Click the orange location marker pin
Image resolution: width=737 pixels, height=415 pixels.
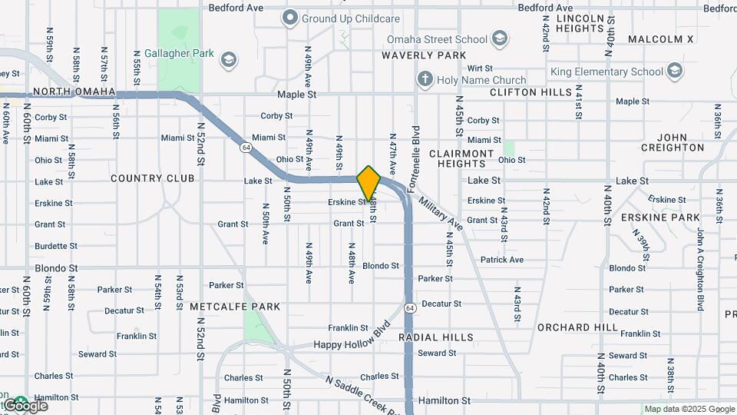coord(368,183)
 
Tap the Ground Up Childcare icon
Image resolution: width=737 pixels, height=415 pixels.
coord(289,17)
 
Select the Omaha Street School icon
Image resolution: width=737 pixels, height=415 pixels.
coord(500,39)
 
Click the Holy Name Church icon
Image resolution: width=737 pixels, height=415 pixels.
coord(425,79)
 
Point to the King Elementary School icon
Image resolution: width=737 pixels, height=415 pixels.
coord(675,72)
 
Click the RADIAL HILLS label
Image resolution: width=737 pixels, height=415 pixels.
coord(436,337)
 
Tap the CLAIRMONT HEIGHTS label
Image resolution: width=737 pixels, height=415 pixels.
coord(461,158)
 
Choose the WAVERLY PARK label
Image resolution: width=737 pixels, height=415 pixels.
coord(424,55)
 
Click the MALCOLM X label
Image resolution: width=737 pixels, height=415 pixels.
coord(660,38)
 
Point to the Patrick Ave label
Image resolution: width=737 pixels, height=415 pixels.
coord(502,260)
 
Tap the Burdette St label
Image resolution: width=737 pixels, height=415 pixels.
coord(54,247)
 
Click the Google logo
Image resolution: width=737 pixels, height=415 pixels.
coord(25,406)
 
